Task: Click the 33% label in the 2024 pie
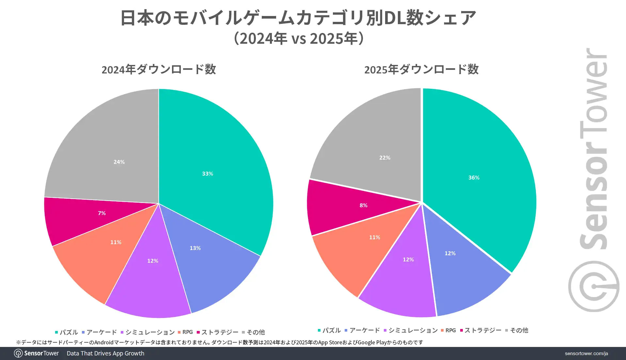click(x=208, y=174)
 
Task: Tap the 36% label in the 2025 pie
click(x=474, y=178)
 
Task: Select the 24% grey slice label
click(x=119, y=162)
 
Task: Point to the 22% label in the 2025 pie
click(x=385, y=158)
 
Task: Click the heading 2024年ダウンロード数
click(x=159, y=70)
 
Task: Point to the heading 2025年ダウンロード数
click(x=421, y=70)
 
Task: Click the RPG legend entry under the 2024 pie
click(x=185, y=332)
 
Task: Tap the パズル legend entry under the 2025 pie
click(x=329, y=330)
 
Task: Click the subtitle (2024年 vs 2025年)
click(x=299, y=39)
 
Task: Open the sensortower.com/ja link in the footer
click(x=586, y=353)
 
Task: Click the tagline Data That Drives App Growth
click(x=105, y=353)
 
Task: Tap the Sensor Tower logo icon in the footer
click(x=18, y=353)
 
